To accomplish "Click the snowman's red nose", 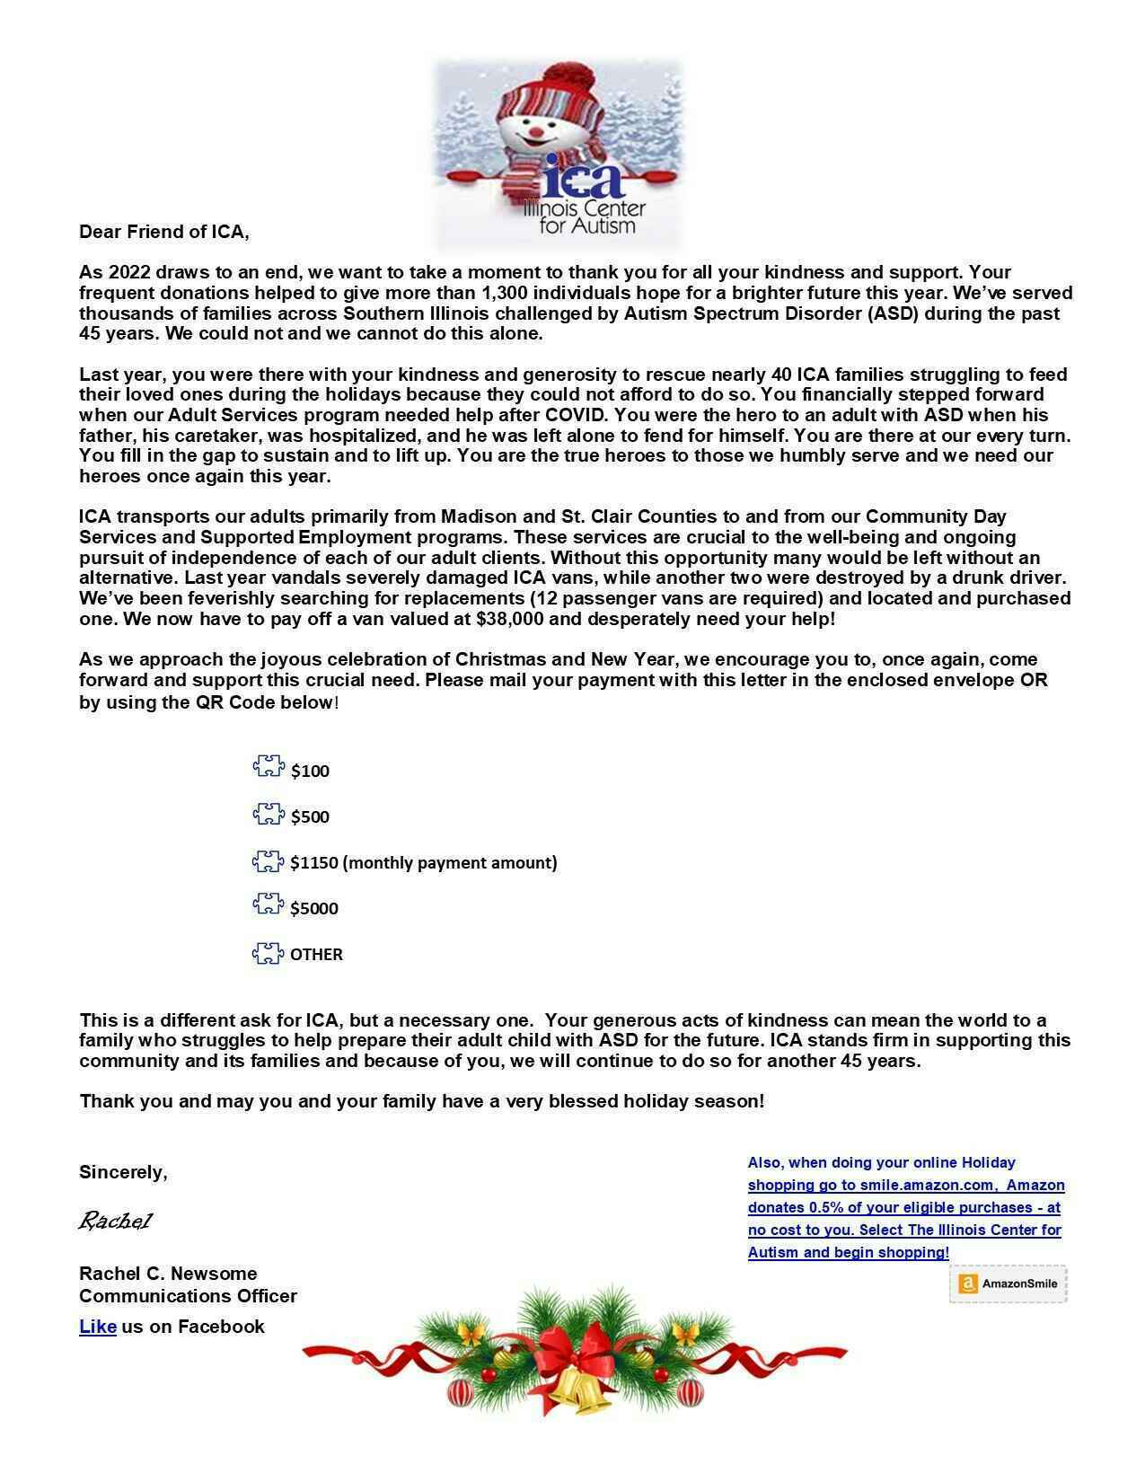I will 536,132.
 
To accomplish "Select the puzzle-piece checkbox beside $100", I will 269,767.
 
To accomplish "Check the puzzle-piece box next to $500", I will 269,815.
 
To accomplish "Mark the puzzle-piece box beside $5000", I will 269,905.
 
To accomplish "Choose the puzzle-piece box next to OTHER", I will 268,954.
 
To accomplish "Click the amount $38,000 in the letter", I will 514,619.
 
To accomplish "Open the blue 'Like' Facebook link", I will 98,1327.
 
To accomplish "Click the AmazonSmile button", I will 1008,1284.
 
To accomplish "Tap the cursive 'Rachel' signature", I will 115,1221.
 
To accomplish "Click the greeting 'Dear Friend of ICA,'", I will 164,232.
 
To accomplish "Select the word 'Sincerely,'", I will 123,1172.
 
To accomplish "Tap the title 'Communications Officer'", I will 188,1296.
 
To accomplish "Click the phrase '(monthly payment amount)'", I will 450,862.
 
